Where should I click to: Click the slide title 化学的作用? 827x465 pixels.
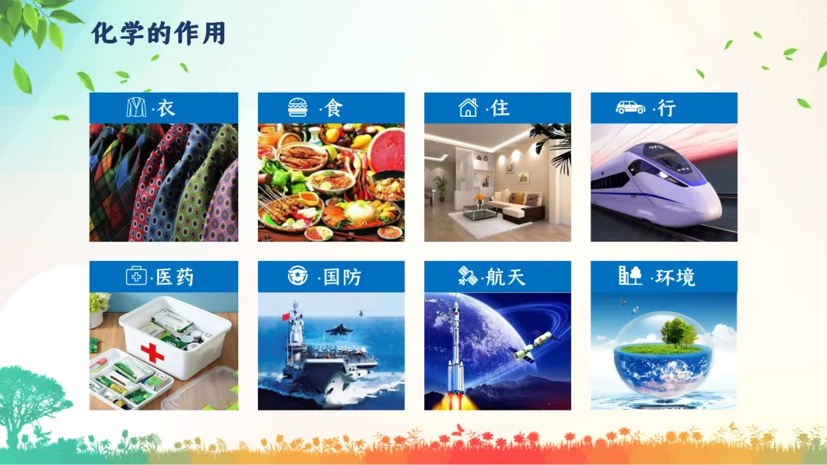159,33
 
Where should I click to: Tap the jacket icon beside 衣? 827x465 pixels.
136,107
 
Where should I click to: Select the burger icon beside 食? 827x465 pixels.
298,107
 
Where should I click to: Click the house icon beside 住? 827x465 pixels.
468,107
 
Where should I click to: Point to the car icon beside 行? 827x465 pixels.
630,107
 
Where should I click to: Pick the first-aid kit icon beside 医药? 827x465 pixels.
136,275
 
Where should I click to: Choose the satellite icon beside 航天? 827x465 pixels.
467,275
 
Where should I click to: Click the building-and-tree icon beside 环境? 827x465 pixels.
630,275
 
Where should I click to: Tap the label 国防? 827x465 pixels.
342,277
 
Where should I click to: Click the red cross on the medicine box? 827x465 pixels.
152,353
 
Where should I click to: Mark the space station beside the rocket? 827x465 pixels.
532,346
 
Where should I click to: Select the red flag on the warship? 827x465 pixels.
286,317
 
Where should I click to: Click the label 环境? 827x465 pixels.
675,277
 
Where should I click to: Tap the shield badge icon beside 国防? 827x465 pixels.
297,275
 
